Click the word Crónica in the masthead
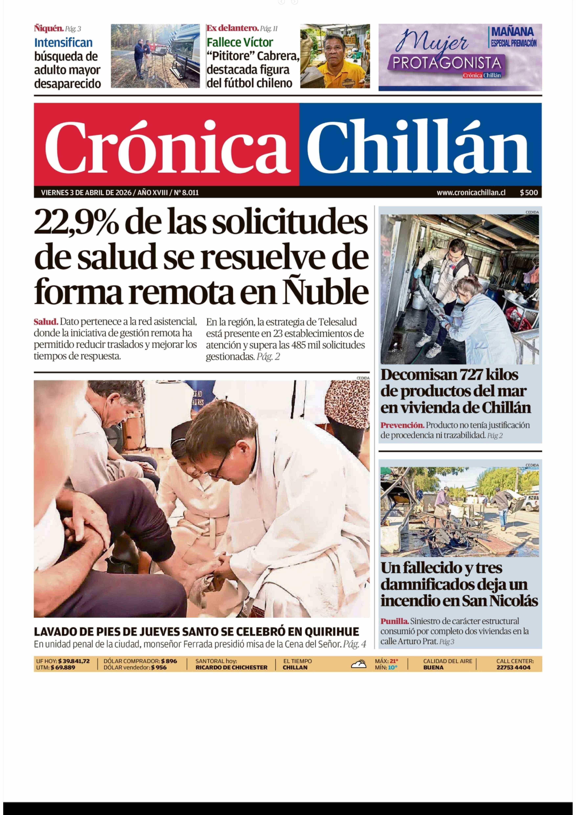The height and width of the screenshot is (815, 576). point(167,146)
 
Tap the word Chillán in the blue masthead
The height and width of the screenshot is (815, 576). point(419,146)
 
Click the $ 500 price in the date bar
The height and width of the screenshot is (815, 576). point(529,192)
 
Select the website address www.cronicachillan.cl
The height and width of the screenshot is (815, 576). point(471,192)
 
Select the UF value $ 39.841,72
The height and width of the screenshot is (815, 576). point(74,661)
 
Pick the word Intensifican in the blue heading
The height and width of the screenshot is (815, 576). point(63,43)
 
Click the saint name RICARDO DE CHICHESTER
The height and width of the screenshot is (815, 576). point(231,667)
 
